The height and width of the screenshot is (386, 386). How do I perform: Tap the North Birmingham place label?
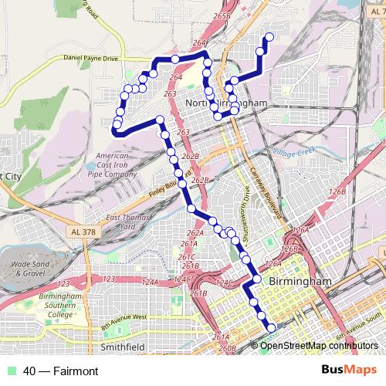pyautogui.click(x=227, y=103)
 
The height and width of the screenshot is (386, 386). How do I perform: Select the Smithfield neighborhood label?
pyautogui.click(x=123, y=347)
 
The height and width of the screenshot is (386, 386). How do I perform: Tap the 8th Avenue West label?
pyautogui.click(x=124, y=315)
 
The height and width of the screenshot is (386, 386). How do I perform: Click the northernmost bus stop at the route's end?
pyautogui.click(x=269, y=36)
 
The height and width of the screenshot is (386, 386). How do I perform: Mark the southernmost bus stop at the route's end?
pyautogui.click(x=271, y=328)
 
